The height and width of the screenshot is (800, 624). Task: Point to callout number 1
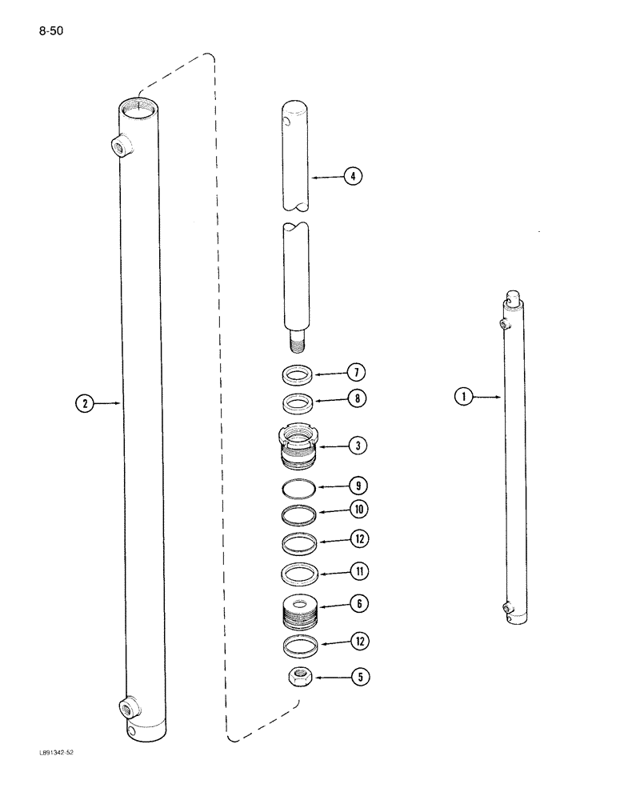pyautogui.click(x=462, y=395)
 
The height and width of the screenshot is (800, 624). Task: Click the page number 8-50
pyautogui.click(x=50, y=32)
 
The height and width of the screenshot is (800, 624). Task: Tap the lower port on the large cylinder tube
pyautogui.click(x=128, y=707)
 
